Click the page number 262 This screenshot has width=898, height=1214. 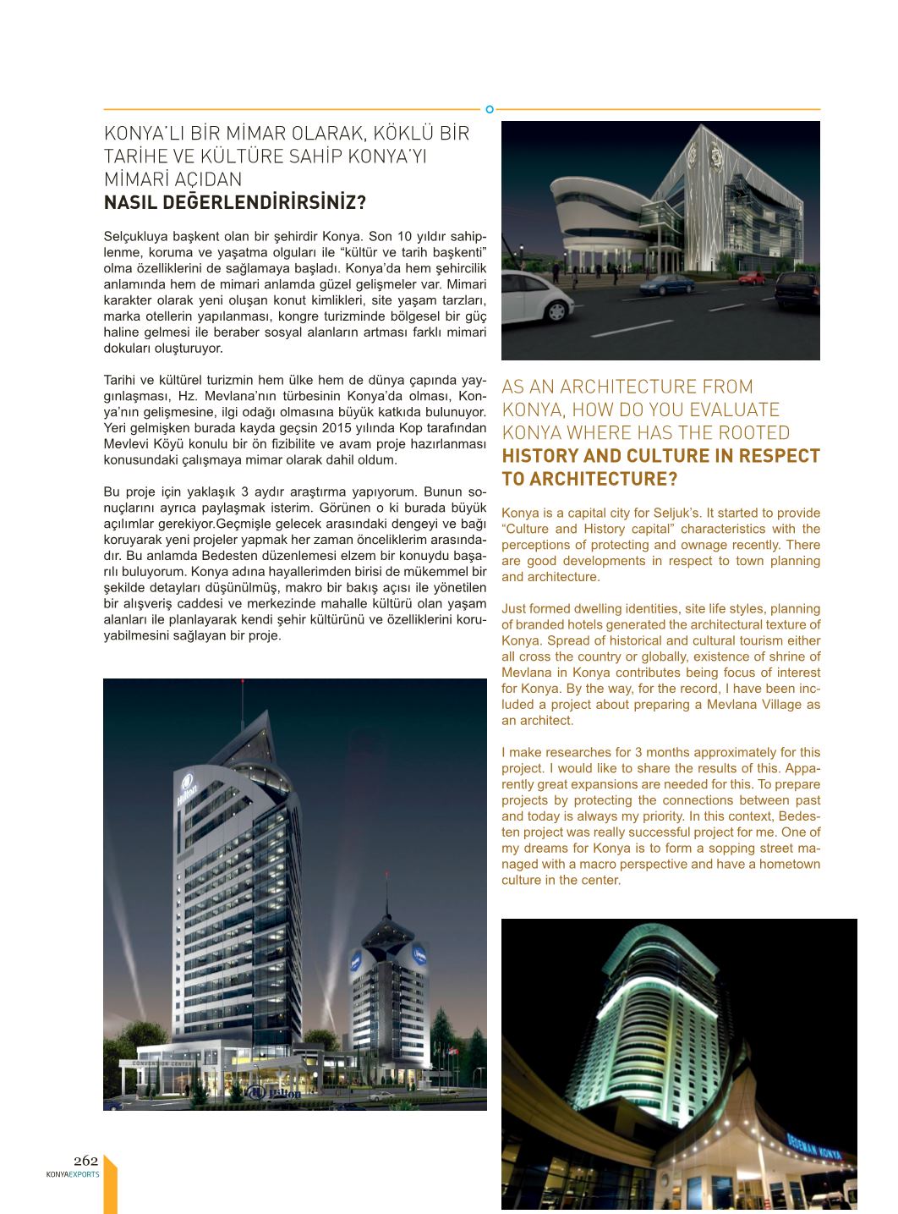pos(85,1161)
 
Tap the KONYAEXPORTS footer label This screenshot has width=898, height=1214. pos(73,1174)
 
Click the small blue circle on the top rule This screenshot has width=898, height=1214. pos(490,109)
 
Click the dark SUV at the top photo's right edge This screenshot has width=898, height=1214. pos(797,290)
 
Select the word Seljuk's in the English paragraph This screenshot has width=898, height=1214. pos(675,513)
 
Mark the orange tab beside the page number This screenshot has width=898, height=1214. pos(110,1184)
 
